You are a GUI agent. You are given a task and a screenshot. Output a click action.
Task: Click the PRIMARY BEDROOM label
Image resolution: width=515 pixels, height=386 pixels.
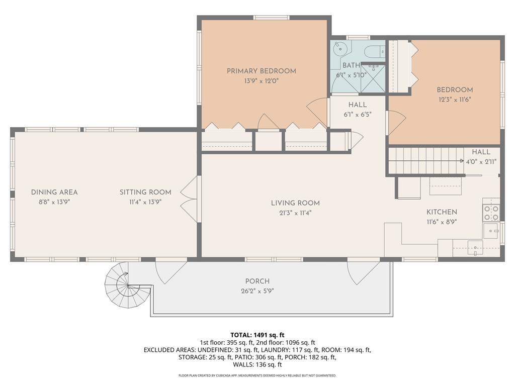[261, 71]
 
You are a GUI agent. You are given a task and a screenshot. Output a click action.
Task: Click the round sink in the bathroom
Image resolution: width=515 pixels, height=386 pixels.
[340, 49]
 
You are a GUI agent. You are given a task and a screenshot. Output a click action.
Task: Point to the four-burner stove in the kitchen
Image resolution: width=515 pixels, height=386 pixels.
[491, 213]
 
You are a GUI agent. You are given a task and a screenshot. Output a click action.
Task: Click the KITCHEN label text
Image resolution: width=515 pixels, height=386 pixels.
[442, 212]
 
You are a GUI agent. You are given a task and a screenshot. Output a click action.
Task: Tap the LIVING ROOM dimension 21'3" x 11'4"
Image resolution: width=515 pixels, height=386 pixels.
[295, 213]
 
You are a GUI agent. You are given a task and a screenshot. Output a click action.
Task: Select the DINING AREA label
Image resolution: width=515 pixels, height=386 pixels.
[54, 192]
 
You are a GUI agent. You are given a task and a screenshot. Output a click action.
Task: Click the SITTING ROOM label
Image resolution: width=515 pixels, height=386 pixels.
[145, 192]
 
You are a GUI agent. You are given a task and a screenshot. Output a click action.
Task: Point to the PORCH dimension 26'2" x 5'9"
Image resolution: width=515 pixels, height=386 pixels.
[257, 291]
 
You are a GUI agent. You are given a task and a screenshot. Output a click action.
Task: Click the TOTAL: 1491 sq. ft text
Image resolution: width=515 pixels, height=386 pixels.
[257, 335]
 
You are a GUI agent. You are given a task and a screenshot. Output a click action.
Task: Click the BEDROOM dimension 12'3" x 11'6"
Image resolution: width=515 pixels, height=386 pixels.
[455, 100]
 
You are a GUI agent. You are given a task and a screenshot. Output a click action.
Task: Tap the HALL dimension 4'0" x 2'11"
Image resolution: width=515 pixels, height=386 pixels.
[481, 161]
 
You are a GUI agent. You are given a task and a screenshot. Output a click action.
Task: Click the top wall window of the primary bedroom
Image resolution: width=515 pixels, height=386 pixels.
[271, 18]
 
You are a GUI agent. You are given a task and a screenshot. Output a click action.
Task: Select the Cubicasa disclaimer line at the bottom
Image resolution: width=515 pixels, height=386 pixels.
[257, 375]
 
